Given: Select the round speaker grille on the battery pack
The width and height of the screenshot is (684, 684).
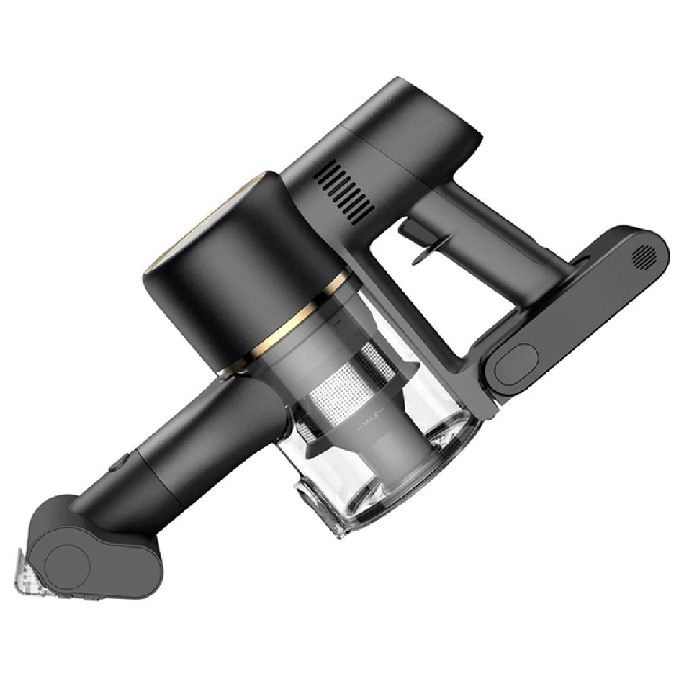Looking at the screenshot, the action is (x=645, y=258).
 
